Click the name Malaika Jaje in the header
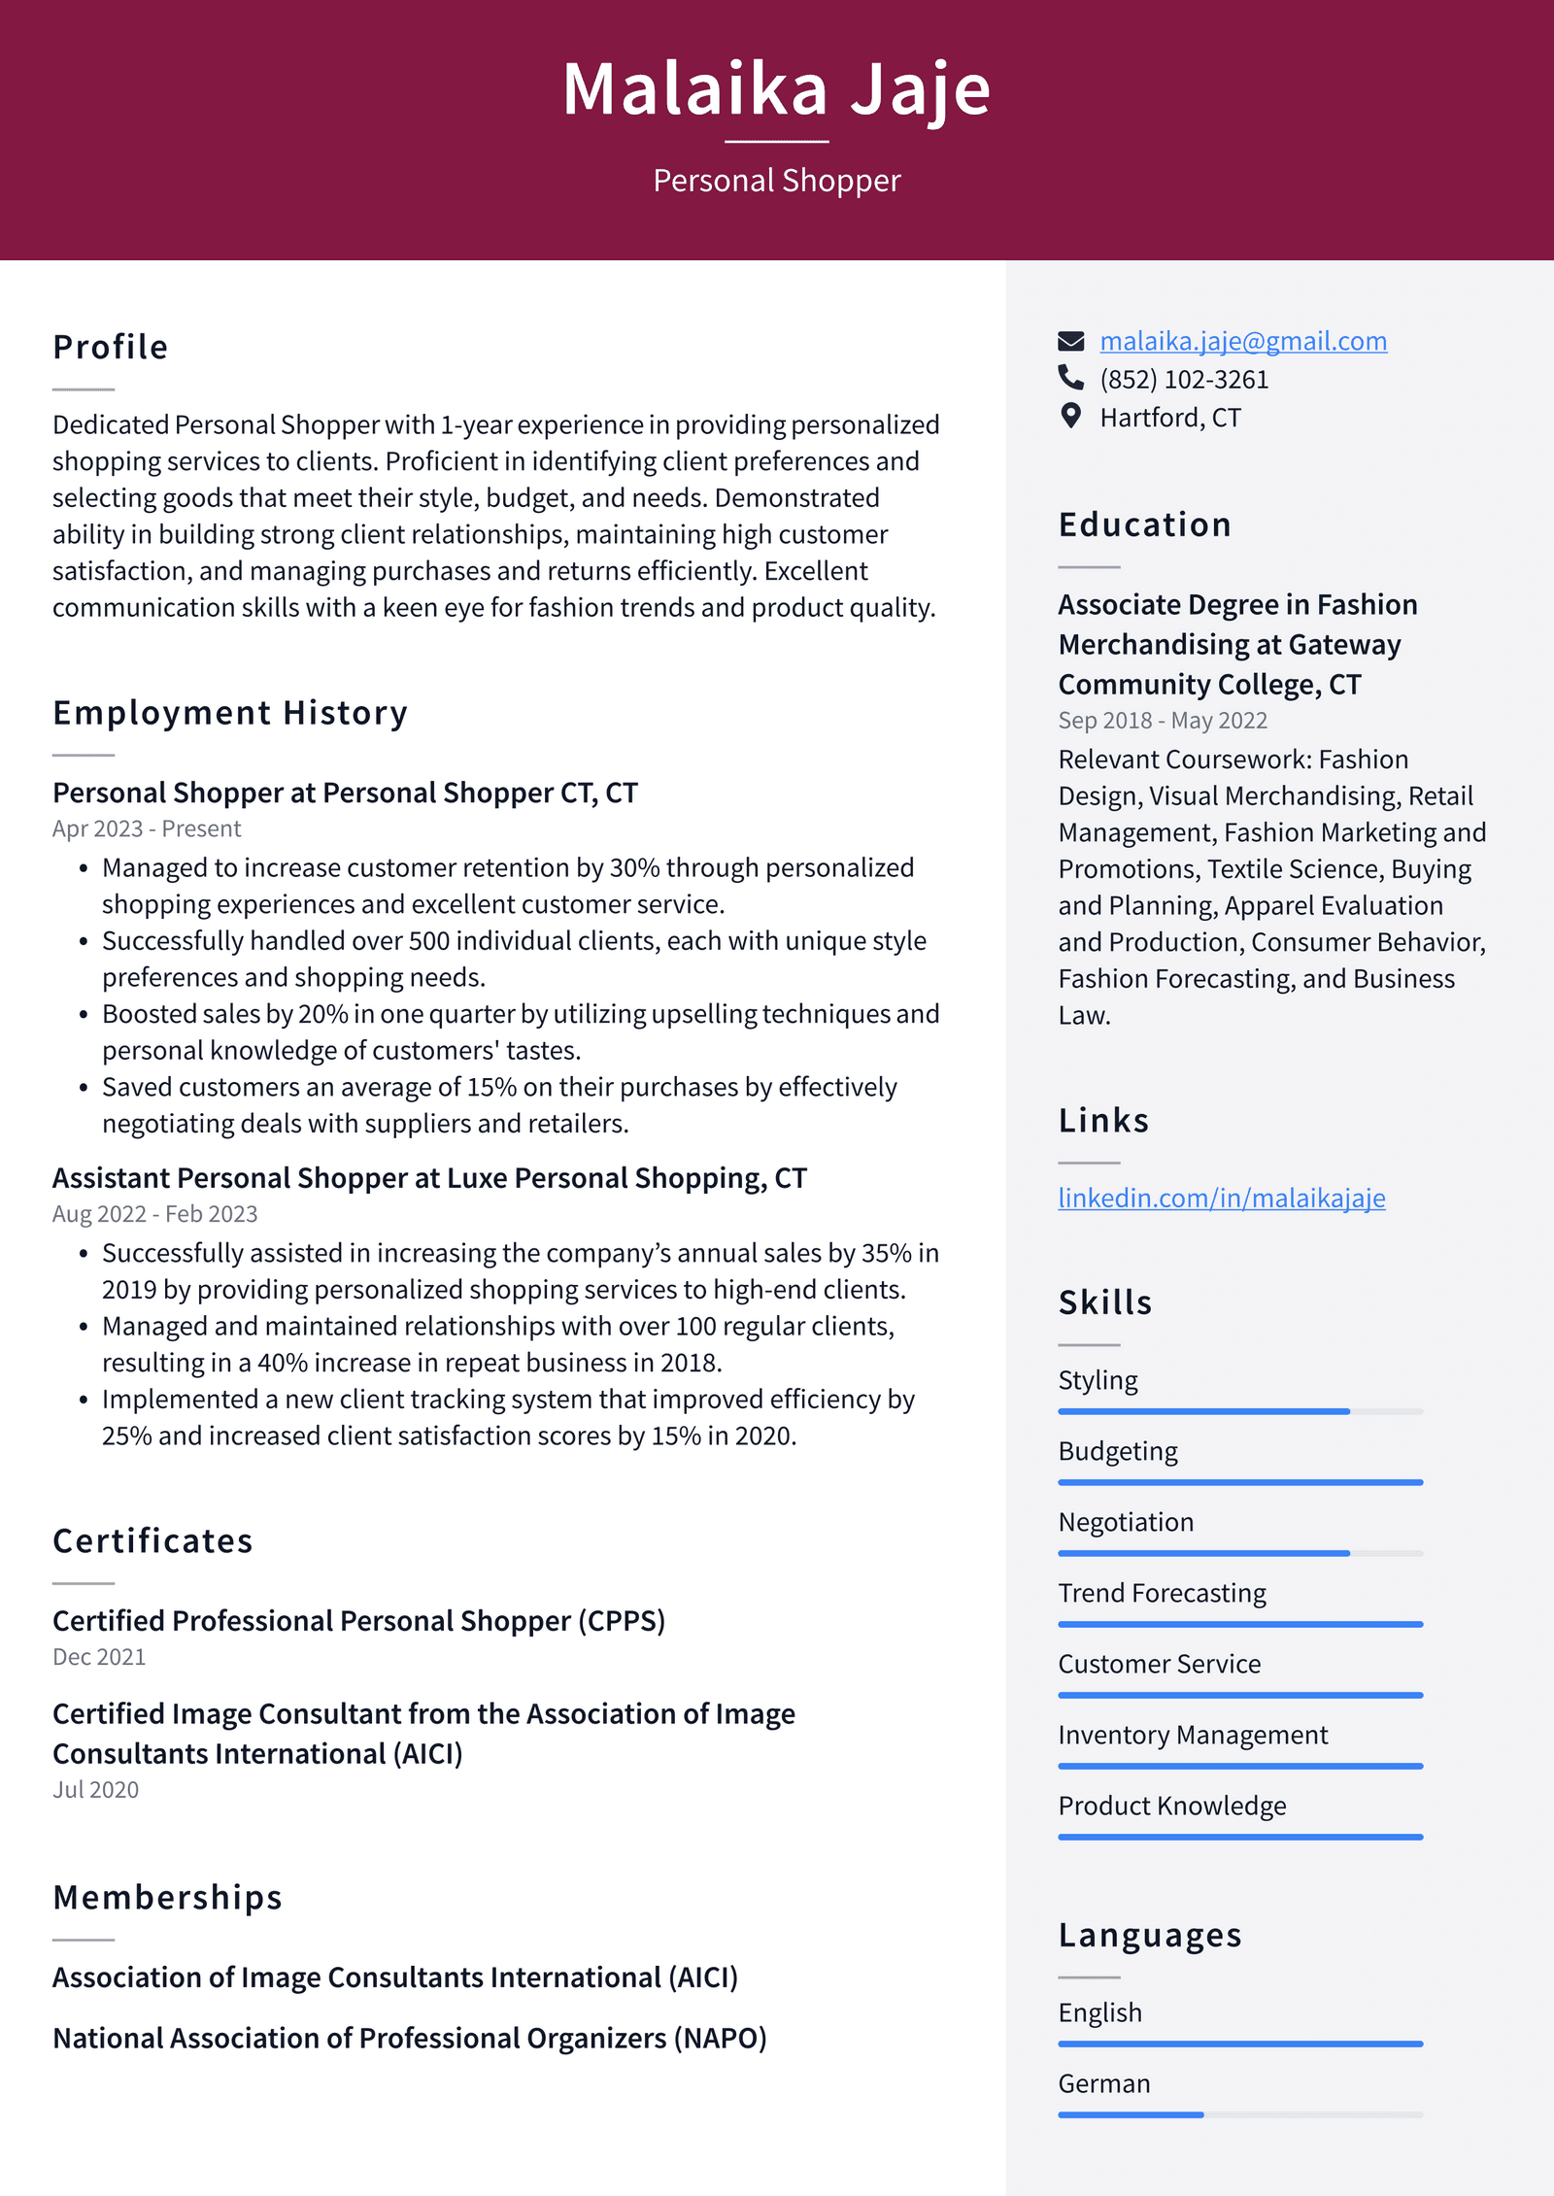(x=776, y=89)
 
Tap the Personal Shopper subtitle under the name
(x=776, y=181)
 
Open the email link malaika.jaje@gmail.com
(x=1242, y=341)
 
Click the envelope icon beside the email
(x=1070, y=341)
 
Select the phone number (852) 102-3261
(x=1183, y=380)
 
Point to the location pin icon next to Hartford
(x=1070, y=417)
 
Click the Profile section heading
(x=111, y=348)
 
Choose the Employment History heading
(x=230, y=713)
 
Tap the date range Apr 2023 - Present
(x=147, y=828)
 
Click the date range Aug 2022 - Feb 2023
(x=155, y=1214)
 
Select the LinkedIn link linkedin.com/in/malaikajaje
(x=1221, y=1198)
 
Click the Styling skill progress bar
(x=1239, y=1411)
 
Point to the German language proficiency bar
(x=1239, y=2114)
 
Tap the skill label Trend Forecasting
(x=1162, y=1593)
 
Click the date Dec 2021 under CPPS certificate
(x=99, y=1657)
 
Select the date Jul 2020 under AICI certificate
(x=95, y=1789)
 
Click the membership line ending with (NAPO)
(x=409, y=2038)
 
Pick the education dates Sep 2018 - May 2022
(x=1162, y=721)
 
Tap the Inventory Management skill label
(x=1192, y=1735)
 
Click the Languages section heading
(x=1149, y=1935)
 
